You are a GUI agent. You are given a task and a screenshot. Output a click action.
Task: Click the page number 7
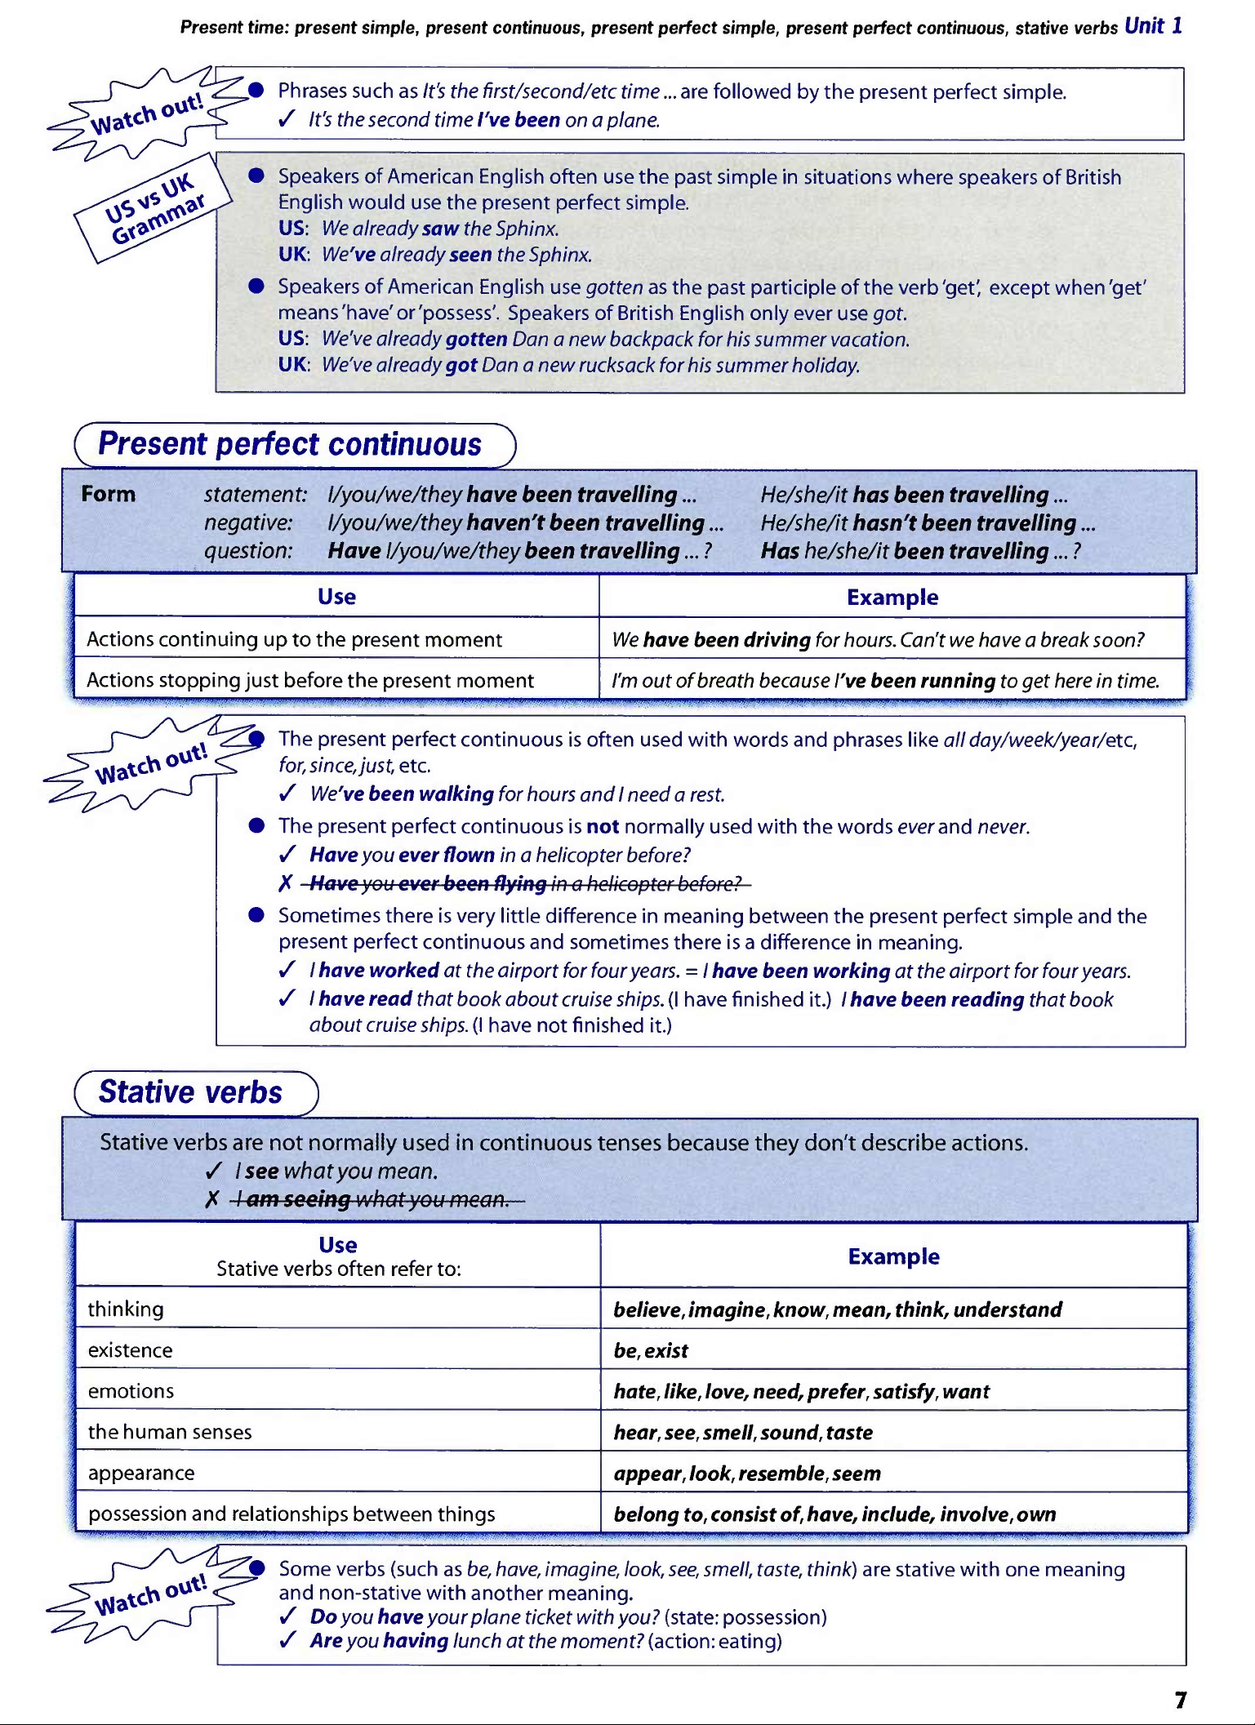[1181, 1700]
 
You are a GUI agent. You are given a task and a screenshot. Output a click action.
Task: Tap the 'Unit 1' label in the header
[1153, 26]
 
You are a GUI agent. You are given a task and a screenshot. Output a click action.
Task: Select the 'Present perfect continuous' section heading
[290, 445]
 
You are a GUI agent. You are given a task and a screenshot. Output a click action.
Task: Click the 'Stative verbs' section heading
[190, 1093]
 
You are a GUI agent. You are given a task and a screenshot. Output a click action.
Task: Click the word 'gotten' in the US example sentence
[477, 340]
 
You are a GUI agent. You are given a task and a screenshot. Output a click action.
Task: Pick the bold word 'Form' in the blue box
[109, 494]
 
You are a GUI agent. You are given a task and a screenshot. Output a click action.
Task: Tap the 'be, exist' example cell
[651, 1351]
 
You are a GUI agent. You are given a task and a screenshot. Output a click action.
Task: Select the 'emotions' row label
[131, 1391]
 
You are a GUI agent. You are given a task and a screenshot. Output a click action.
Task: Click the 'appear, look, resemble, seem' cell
[747, 1474]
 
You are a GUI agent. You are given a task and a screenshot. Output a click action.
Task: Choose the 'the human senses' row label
[170, 1432]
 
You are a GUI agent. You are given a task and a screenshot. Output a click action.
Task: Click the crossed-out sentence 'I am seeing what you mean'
[377, 1199]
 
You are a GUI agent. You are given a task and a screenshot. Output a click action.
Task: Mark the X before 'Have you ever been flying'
[285, 883]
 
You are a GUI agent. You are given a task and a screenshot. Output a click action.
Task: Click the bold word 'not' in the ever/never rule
[603, 827]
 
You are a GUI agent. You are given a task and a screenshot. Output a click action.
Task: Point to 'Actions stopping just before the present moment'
[310, 681]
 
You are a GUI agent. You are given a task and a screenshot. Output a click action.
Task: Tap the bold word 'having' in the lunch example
[416, 1641]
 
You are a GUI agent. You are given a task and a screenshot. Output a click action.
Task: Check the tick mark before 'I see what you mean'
[214, 1171]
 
